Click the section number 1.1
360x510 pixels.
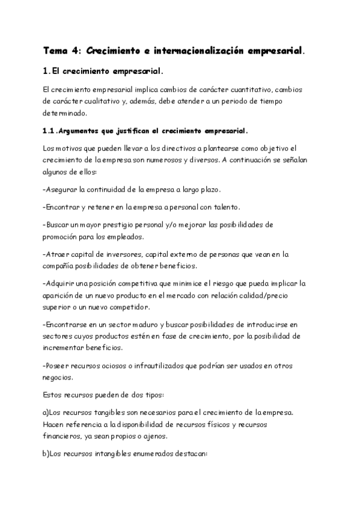coord(50,131)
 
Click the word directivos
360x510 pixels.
coord(147,148)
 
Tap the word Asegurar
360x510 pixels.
coord(61,189)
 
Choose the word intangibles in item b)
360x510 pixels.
coord(115,454)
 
